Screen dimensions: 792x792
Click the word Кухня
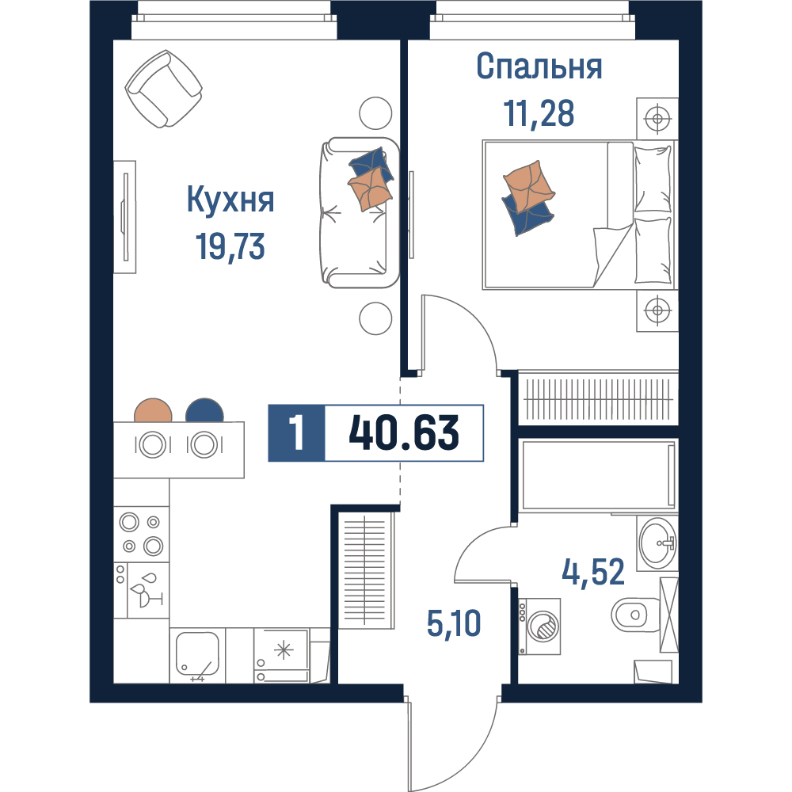pos(230,200)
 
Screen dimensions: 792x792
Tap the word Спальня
pos(539,67)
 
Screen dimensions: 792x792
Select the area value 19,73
pos(230,246)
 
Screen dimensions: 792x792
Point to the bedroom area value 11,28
pos(539,112)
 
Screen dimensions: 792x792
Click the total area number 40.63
pos(404,433)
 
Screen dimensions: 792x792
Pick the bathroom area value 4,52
pos(593,573)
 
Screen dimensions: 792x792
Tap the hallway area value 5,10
pos(454,623)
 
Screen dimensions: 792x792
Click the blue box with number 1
pos(296,433)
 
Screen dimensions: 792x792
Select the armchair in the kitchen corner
pos(164,89)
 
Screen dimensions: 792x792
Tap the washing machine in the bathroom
pos(539,626)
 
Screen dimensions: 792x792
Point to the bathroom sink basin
pos(657,544)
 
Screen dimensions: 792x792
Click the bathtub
pos(598,474)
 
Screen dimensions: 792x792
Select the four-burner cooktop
pos(142,534)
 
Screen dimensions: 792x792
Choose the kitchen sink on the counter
pos(197,655)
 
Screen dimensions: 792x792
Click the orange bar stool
pos(153,410)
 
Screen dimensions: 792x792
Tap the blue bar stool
pos(204,410)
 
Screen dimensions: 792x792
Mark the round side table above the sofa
pos(375,113)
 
